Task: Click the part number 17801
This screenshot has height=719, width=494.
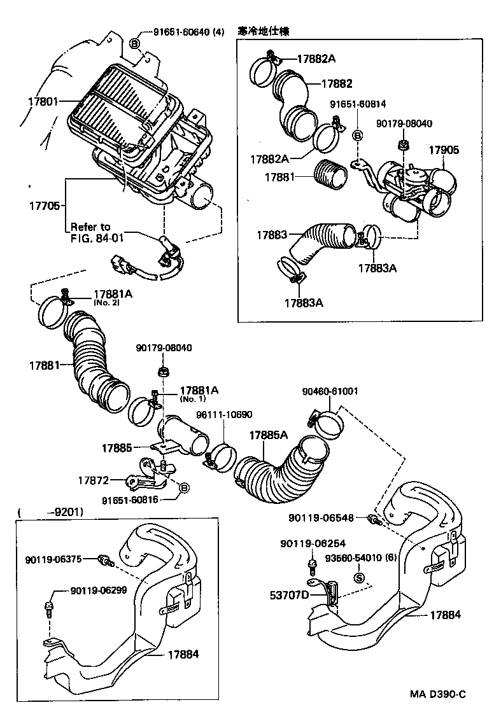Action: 43,101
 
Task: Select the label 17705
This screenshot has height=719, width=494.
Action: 44,206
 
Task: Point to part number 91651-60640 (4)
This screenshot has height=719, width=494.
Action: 189,31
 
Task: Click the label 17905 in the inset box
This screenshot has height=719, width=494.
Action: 443,151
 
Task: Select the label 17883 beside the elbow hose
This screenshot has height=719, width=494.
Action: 272,235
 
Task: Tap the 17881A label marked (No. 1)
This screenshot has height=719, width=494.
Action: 199,391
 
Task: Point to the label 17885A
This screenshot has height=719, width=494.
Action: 268,435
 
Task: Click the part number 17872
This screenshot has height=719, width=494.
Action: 94,480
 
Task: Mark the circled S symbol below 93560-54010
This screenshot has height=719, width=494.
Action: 358,578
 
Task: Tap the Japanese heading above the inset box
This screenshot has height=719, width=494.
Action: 263,31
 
